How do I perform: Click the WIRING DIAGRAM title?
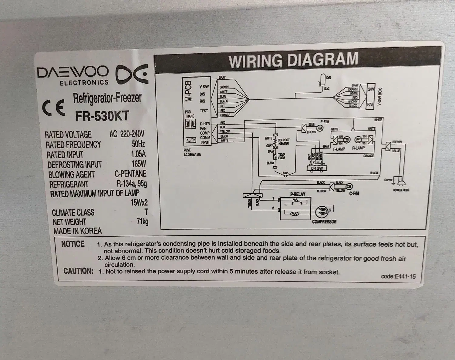click(293, 59)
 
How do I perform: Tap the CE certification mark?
click(54, 108)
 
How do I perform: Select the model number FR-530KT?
click(102, 116)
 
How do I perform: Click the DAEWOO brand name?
click(72, 72)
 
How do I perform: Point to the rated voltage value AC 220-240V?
click(127, 134)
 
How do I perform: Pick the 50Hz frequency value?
click(138, 144)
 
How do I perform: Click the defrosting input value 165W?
click(139, 164)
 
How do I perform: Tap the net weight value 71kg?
click(142, 222)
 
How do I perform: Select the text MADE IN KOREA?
click(77, 231)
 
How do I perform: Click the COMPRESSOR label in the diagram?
click(324, 222)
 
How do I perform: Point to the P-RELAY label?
click(298, 194)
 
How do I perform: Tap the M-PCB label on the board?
click(189, 91)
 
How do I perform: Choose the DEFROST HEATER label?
click(284, 142)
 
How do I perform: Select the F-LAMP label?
click(339, 149)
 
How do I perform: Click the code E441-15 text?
click(398, 276)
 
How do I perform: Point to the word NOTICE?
click(73, 244)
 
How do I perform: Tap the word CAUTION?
click(78, 271)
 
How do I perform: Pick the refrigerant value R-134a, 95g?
click(132, 184)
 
